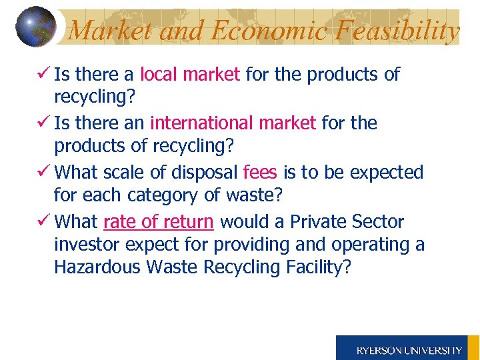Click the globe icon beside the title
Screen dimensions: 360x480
point(36,27)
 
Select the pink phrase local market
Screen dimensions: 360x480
point(190,75)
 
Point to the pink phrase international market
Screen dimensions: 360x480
point(233,123)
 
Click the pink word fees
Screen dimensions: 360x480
point(260,172)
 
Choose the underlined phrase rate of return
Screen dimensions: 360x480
point(159,221)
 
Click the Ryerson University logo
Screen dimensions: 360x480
point(408,349)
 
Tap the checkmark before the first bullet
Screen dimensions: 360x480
point(43,74)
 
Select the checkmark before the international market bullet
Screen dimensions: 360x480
point(43,123)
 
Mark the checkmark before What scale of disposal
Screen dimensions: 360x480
point(43,171)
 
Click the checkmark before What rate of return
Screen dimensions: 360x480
point(43,221)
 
